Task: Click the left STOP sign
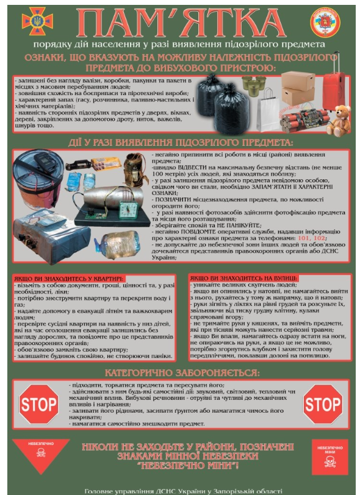pyautogui.click(x=38, y=404)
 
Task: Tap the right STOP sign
pyautogui.click(x=322, y=404)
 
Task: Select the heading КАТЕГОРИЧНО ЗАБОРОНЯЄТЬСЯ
pyautogui.click(x=182, y=372)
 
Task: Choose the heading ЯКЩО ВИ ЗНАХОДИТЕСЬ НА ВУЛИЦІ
pyautogui.click(x=243, y=277)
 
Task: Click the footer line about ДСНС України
pyautogui.click(x=183, y=490)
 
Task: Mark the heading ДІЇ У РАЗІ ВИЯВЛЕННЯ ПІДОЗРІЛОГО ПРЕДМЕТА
pyautogui.click(x=181, y=141)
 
